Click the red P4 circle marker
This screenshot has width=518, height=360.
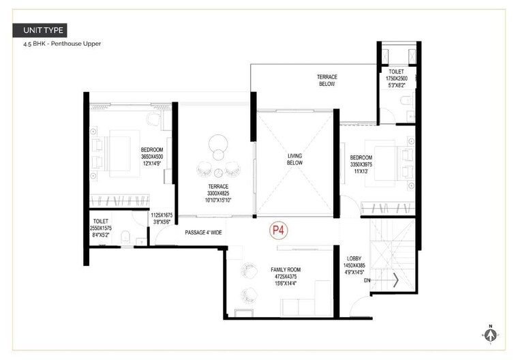pyautogui.click(x=279, y=230)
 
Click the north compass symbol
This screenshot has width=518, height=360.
pyautogui.click(x=489, y=334)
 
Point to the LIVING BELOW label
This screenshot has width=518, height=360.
pyautogui.click(x=294, y=160)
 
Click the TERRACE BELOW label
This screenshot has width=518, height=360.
pyautogui.click(x=327, y=80)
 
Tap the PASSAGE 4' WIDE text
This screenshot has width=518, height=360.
pyautogui.click(x=202, y=233)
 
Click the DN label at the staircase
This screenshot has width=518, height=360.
pyautogui.click(x=367, y=280)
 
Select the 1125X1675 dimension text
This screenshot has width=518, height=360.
pyautogui.click(x=162, y=215)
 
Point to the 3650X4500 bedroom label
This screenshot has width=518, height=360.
pyautogui.click(x=152, y=157)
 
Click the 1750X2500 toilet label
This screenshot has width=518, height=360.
pyautogui.click(x=396, y=78)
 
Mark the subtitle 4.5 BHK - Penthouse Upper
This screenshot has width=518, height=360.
pyautogui.click(x=61, y=44)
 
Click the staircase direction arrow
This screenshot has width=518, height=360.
pyautogui.click(x=395, y=280)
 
